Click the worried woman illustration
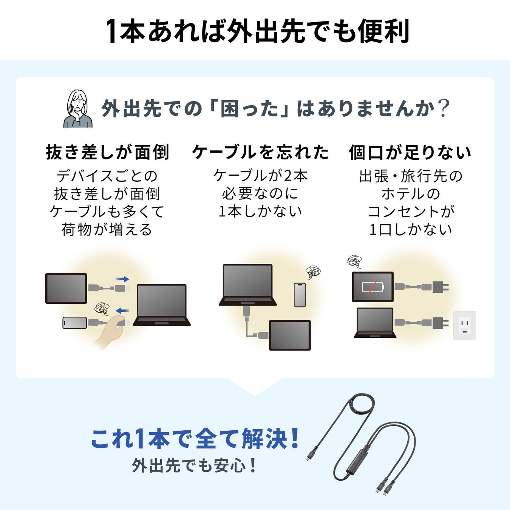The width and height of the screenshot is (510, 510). [78, 109]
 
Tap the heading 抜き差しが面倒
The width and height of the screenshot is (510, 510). [107, 152]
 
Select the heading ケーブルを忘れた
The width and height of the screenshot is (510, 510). [260, 152]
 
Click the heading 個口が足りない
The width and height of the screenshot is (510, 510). [410, 152]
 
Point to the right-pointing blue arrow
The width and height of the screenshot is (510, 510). [122, 279]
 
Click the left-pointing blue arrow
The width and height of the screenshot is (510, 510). [122, 311]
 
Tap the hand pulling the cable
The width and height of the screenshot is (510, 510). [110, 332]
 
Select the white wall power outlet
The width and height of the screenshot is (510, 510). [465, 325]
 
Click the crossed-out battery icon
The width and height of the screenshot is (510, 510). [373, 287]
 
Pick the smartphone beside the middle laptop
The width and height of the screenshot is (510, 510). [300, 295]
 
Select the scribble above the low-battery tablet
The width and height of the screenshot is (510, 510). [354, 261]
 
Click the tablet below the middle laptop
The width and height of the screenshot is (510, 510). [290, 335]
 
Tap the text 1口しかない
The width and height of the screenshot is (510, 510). [411, 230]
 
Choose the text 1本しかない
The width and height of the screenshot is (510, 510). [260, 211]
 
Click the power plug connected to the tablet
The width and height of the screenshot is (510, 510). [440, 286]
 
